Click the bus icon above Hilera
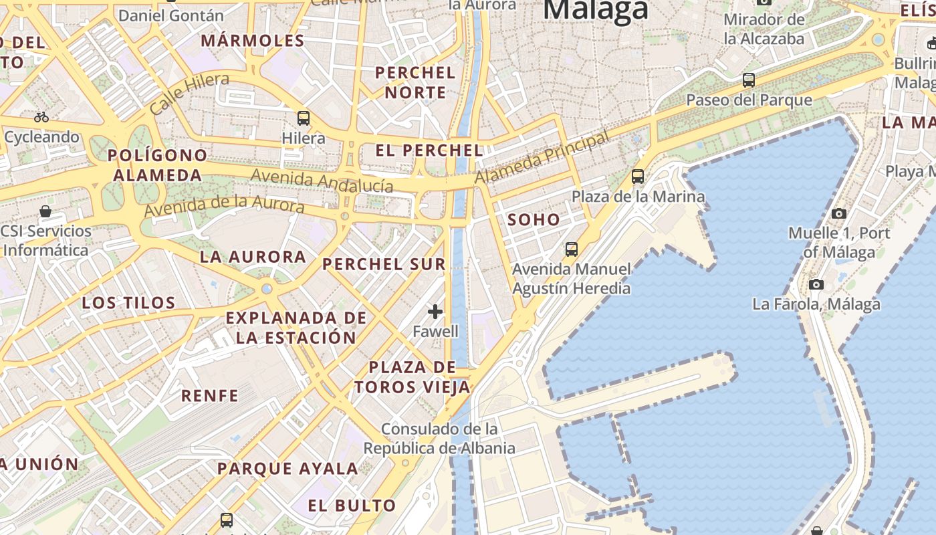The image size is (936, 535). click(x=304, y=118)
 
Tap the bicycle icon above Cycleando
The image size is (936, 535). click(x=41, y=117)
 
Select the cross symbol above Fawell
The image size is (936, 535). click(x=435, y=311)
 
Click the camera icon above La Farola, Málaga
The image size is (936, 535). click(x=816, y=284)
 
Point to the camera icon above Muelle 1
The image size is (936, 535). click(x=838, y=213)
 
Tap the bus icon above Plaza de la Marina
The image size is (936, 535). click(x=638, y=177)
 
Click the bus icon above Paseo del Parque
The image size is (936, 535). click(x=749, y=80)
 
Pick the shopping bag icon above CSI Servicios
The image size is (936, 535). click(x=45, y=211)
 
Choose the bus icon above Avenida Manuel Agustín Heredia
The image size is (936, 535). click(x=571, y=249)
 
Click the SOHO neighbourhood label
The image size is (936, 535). click(x=534, y=219)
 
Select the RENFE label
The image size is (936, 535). click(x=209, y=396)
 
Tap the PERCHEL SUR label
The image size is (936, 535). click(x=384, y=264)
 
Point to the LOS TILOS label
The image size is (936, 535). click(x=128, y=303)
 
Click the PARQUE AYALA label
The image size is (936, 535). click(x=287, y=469)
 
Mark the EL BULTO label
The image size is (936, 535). click(x=352, y=506)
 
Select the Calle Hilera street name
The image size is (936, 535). click(x=189, y=93)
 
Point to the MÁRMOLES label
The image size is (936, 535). click(x=253, y=41)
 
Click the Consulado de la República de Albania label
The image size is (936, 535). click(x=439, y=438)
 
